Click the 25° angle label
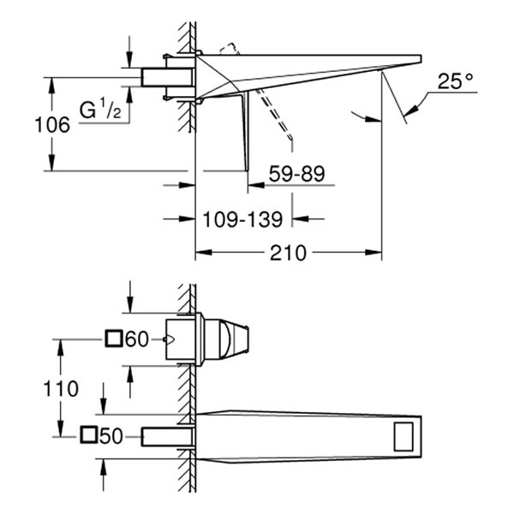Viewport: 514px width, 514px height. click(455, 82)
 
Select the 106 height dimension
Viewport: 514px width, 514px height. click(52, 124)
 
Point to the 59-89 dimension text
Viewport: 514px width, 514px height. click(296, 175)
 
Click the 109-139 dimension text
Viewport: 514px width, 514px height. click(243, 220)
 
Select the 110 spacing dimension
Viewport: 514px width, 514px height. click(61, 388)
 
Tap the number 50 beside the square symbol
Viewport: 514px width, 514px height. click(111, 436)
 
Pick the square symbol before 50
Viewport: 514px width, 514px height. click(88, 436)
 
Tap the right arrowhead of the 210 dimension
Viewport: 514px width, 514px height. click(376, 253)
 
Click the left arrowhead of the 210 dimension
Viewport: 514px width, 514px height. click(202, 253)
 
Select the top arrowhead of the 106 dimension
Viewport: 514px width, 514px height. click(52, 82)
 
